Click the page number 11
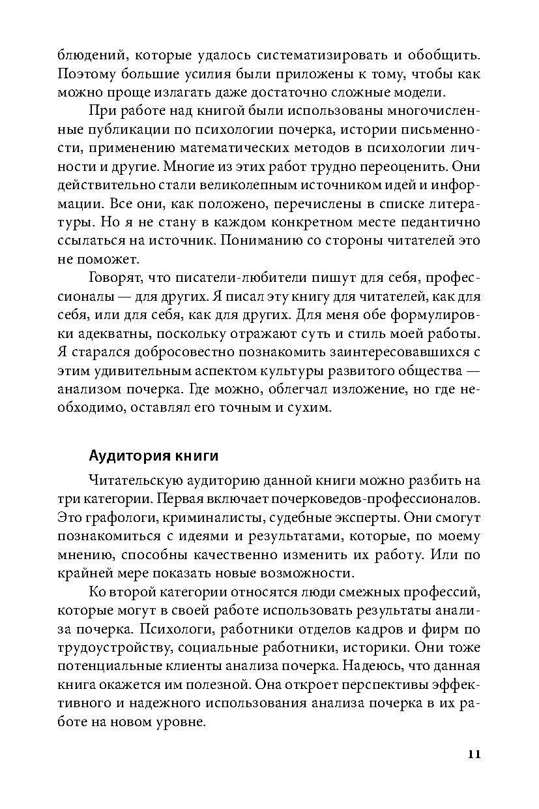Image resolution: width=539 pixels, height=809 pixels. (x=473, y=754)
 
